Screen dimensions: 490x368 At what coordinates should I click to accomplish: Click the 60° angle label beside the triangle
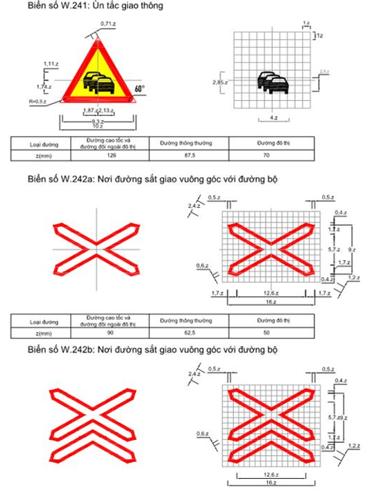139,88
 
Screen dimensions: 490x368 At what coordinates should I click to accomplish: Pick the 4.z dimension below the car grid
274,118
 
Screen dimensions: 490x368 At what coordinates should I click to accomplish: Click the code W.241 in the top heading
74,7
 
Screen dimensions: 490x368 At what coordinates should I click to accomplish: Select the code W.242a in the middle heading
76,180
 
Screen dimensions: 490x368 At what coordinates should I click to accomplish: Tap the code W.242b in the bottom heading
76,350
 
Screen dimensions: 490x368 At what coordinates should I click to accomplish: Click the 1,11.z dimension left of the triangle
51,64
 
